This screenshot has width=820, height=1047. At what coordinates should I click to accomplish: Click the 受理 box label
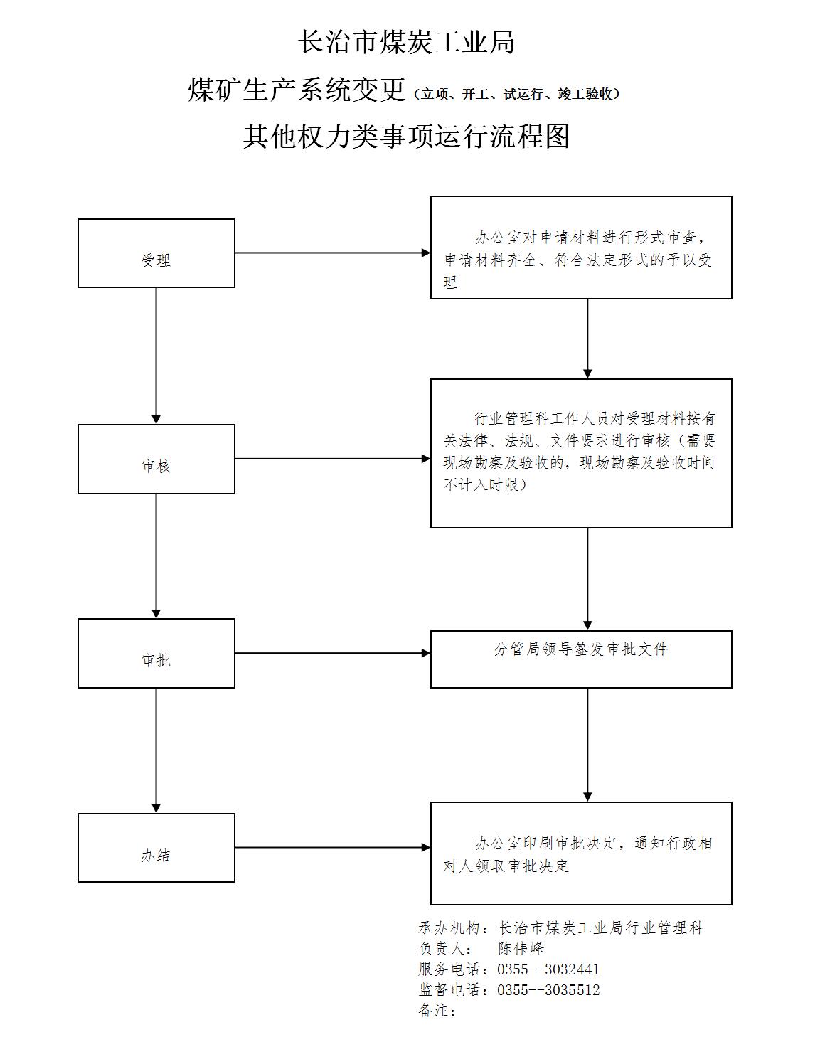[156, 260]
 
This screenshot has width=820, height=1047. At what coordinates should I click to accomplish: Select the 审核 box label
[156, 466]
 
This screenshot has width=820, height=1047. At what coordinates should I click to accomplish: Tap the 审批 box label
[156, 660]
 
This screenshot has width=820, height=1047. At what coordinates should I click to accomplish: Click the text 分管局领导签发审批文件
[580, 649]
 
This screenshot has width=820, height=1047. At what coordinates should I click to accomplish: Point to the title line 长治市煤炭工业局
[407, 41]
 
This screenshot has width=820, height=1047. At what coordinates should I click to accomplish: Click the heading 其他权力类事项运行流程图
[407, 137]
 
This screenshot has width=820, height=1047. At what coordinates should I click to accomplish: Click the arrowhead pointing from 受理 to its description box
[426, 253]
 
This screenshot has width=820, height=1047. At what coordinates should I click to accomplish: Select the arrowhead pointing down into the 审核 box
[156, 420]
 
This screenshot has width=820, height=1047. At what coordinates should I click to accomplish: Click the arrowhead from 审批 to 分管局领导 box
[426, 654]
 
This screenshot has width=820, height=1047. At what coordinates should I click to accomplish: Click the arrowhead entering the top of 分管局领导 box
[587, 626]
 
